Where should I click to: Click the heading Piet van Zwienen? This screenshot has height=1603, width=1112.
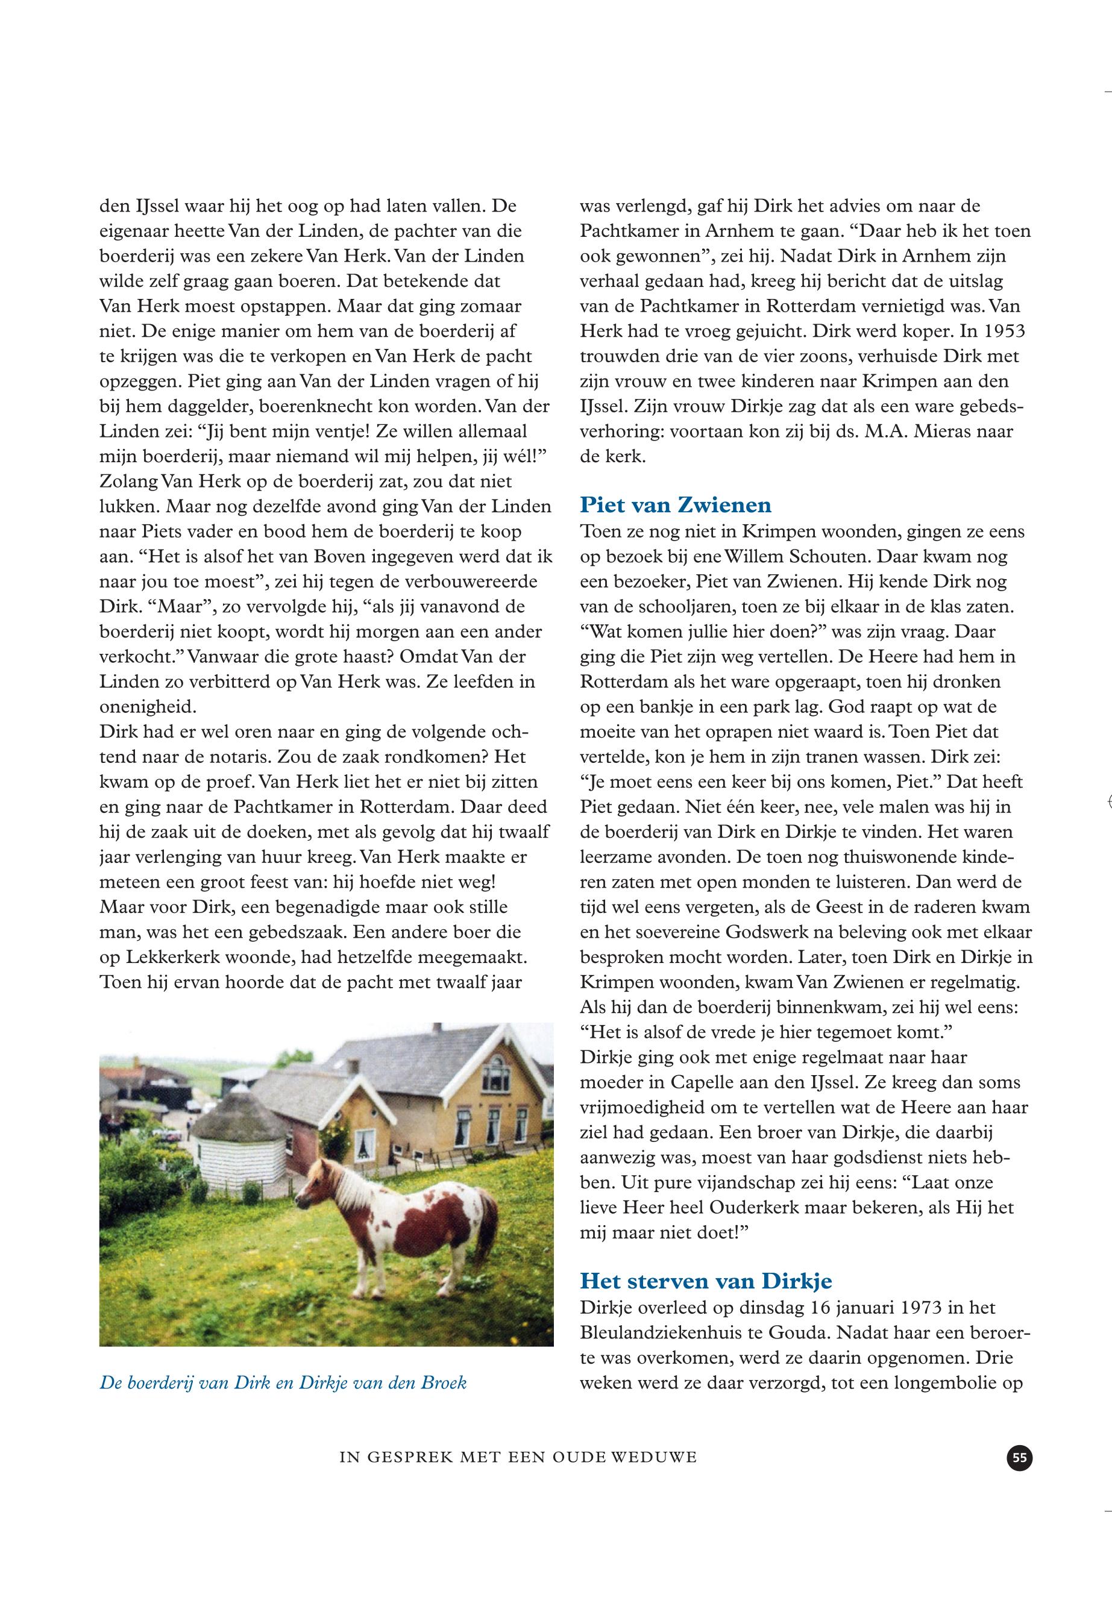click(675, 504)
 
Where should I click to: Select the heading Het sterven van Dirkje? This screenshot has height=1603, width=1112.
click(706, 1281)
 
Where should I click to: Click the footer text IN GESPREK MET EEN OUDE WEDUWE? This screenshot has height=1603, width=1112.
click(518, 1457)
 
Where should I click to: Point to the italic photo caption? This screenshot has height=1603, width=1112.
click(283, 1383)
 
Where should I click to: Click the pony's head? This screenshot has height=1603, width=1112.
click(317, 1188)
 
